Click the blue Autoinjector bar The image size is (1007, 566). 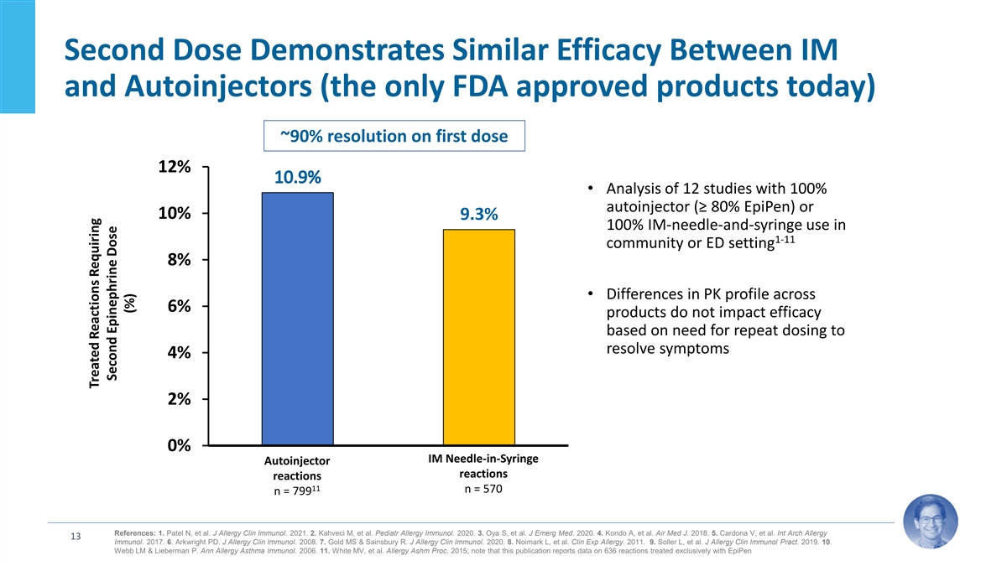pos(297,319)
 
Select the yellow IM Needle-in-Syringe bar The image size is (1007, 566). pos(479,336)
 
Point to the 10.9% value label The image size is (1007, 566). pos(297,178)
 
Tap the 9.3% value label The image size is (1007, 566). pos(479,215)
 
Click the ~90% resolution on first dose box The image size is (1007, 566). pos(394,136)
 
